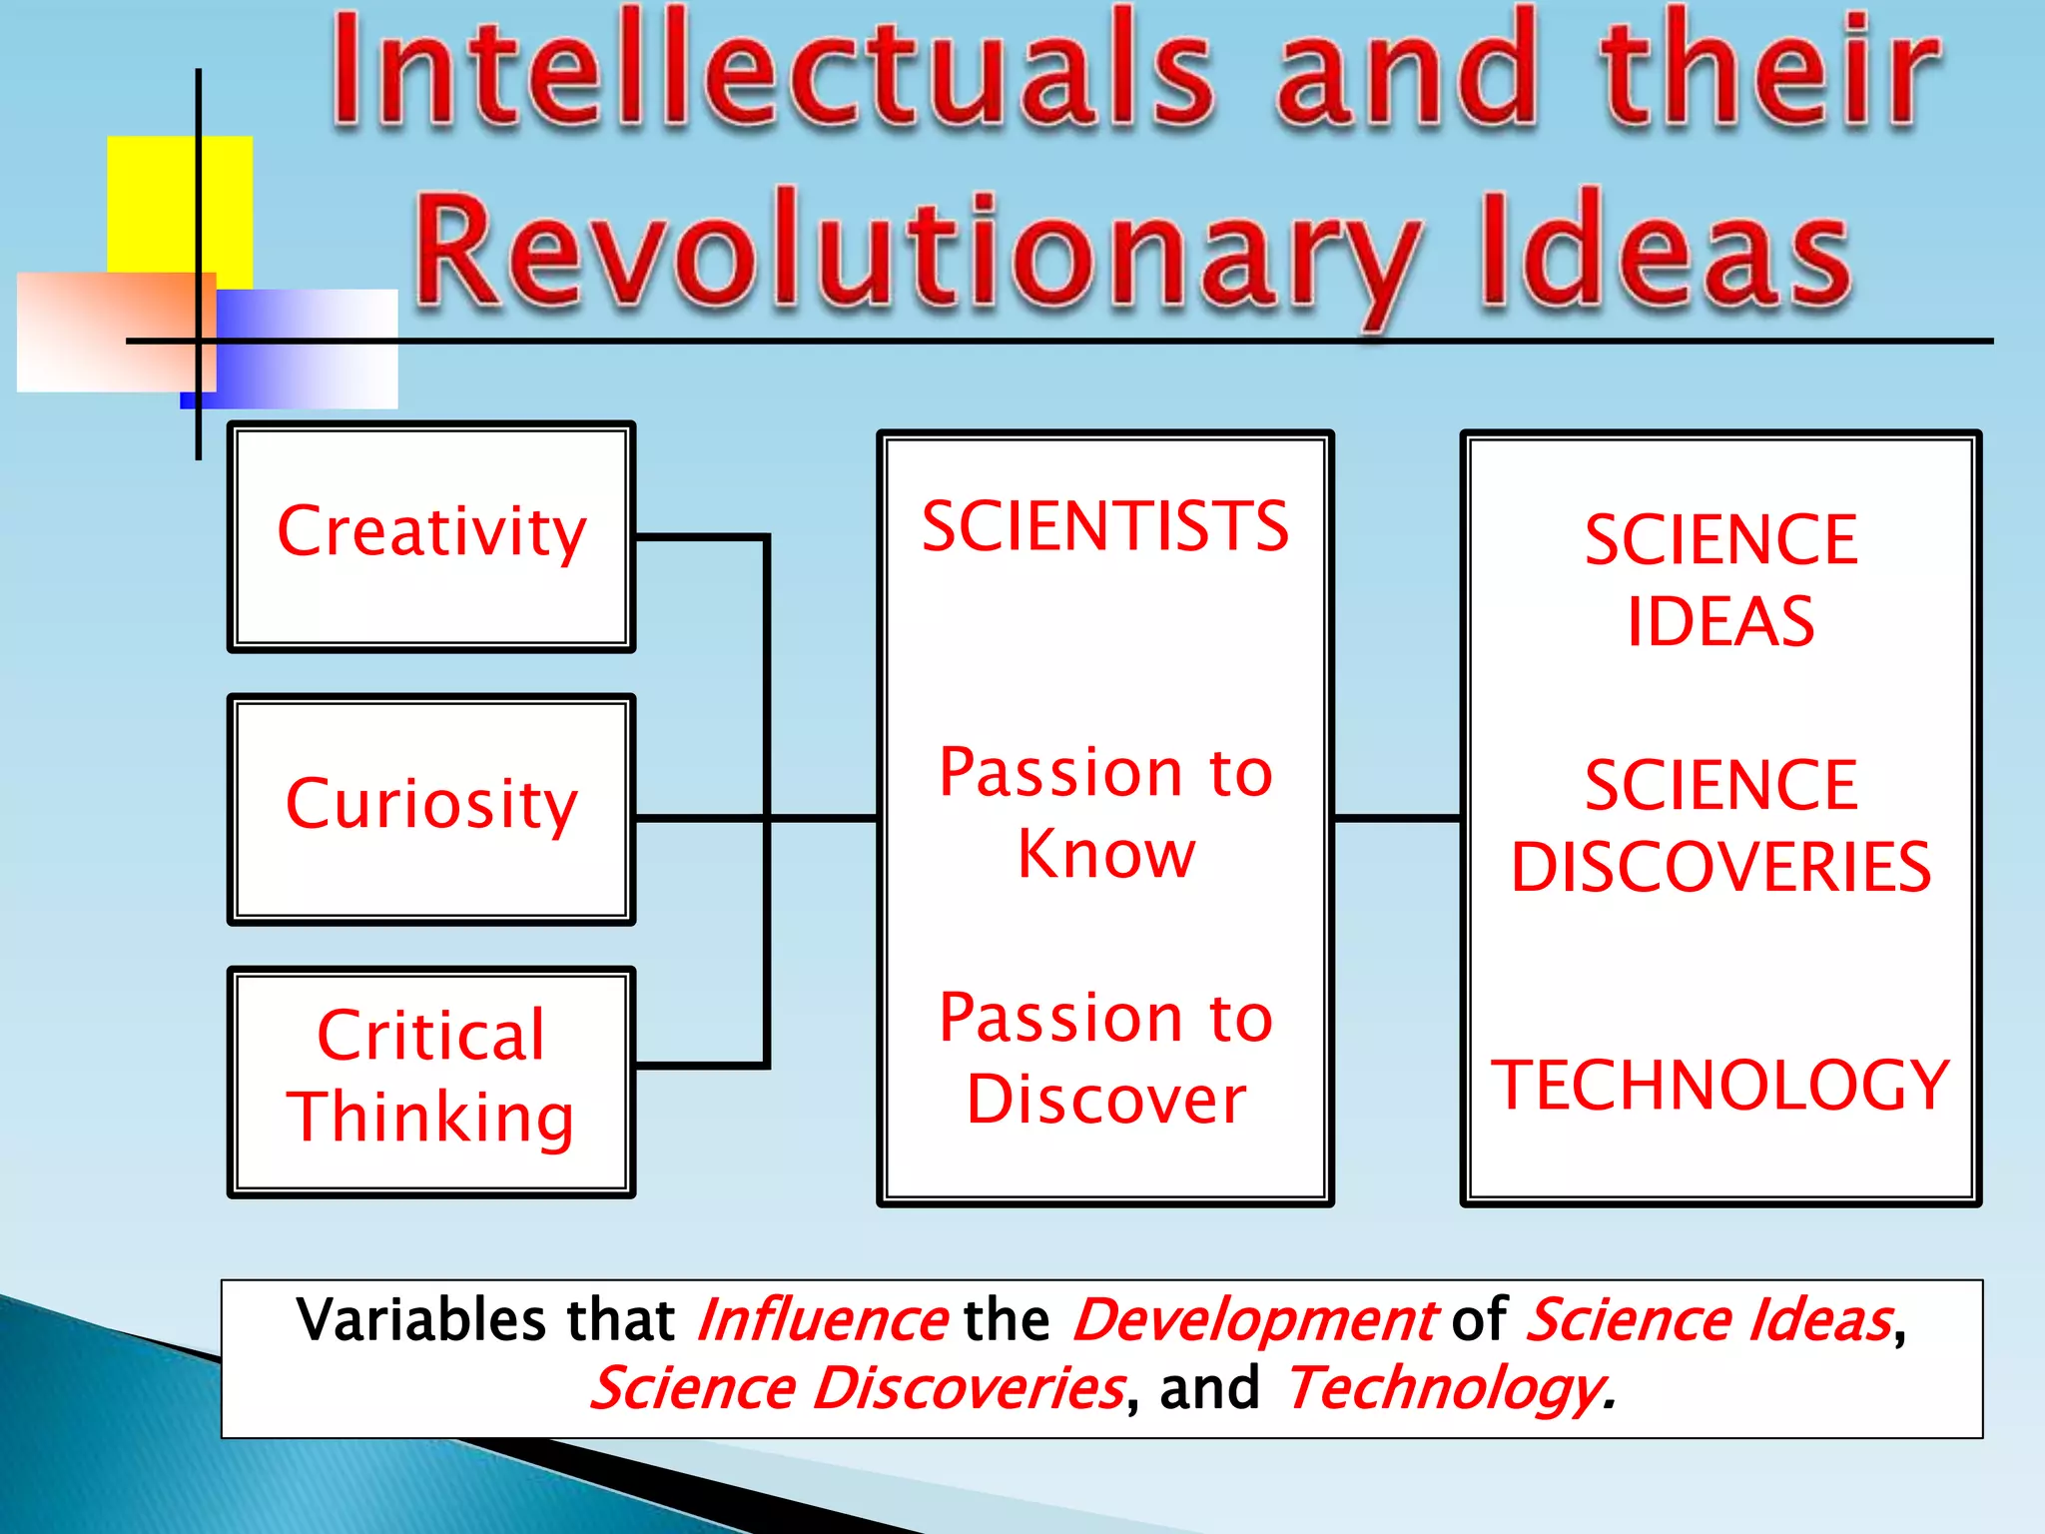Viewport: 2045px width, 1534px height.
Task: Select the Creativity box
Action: pyautogui.click(x=431, y=536)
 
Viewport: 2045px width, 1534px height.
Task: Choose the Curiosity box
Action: pyautogui.click(x=431, y=809)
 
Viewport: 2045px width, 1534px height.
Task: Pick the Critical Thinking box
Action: pyautogui.click(x=431, y=1081)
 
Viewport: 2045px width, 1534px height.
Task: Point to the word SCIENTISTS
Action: pyautogui.click(x=1105, y=526)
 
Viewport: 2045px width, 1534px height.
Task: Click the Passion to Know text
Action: pyautogui.click(x=1105, y=812)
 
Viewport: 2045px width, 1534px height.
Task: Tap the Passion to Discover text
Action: pyautogui.click(x=1105, y=1058)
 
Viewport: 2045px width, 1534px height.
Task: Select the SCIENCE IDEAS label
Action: pyautogui.click(x=1720, y=580)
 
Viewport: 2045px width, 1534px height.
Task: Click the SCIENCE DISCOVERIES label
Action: pyautogui.click(x=1720, y=825)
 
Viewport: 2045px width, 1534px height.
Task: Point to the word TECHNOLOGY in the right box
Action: pyautogui.click(x=1720, y=1086)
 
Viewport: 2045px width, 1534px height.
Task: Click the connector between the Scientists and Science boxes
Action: pyautogui.click(x=1398, y=818)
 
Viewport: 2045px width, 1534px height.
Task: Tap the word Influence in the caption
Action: pyautogui.click(x=822, y=1320)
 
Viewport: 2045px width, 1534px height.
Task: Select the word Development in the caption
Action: pyautogui.click(x=1254, y=1320)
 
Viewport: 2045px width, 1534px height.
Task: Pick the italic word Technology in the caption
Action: pyautogui.click(x=1444, y=1389)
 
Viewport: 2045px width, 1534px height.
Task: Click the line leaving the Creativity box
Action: pyautogui.click(x=699, y=538)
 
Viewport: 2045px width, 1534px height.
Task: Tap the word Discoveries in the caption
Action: pyautogui.click(x=968, y=1389)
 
